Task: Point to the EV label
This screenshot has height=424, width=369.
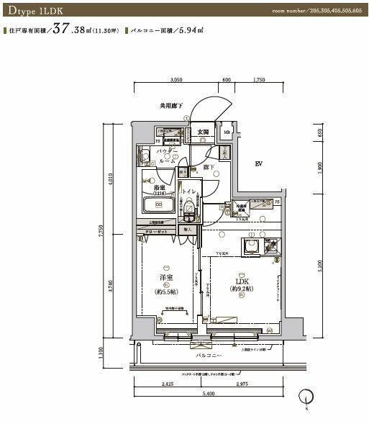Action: point(258,165)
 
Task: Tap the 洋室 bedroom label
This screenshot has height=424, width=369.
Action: point(166,277)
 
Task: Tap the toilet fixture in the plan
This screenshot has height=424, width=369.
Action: point(189,211)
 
